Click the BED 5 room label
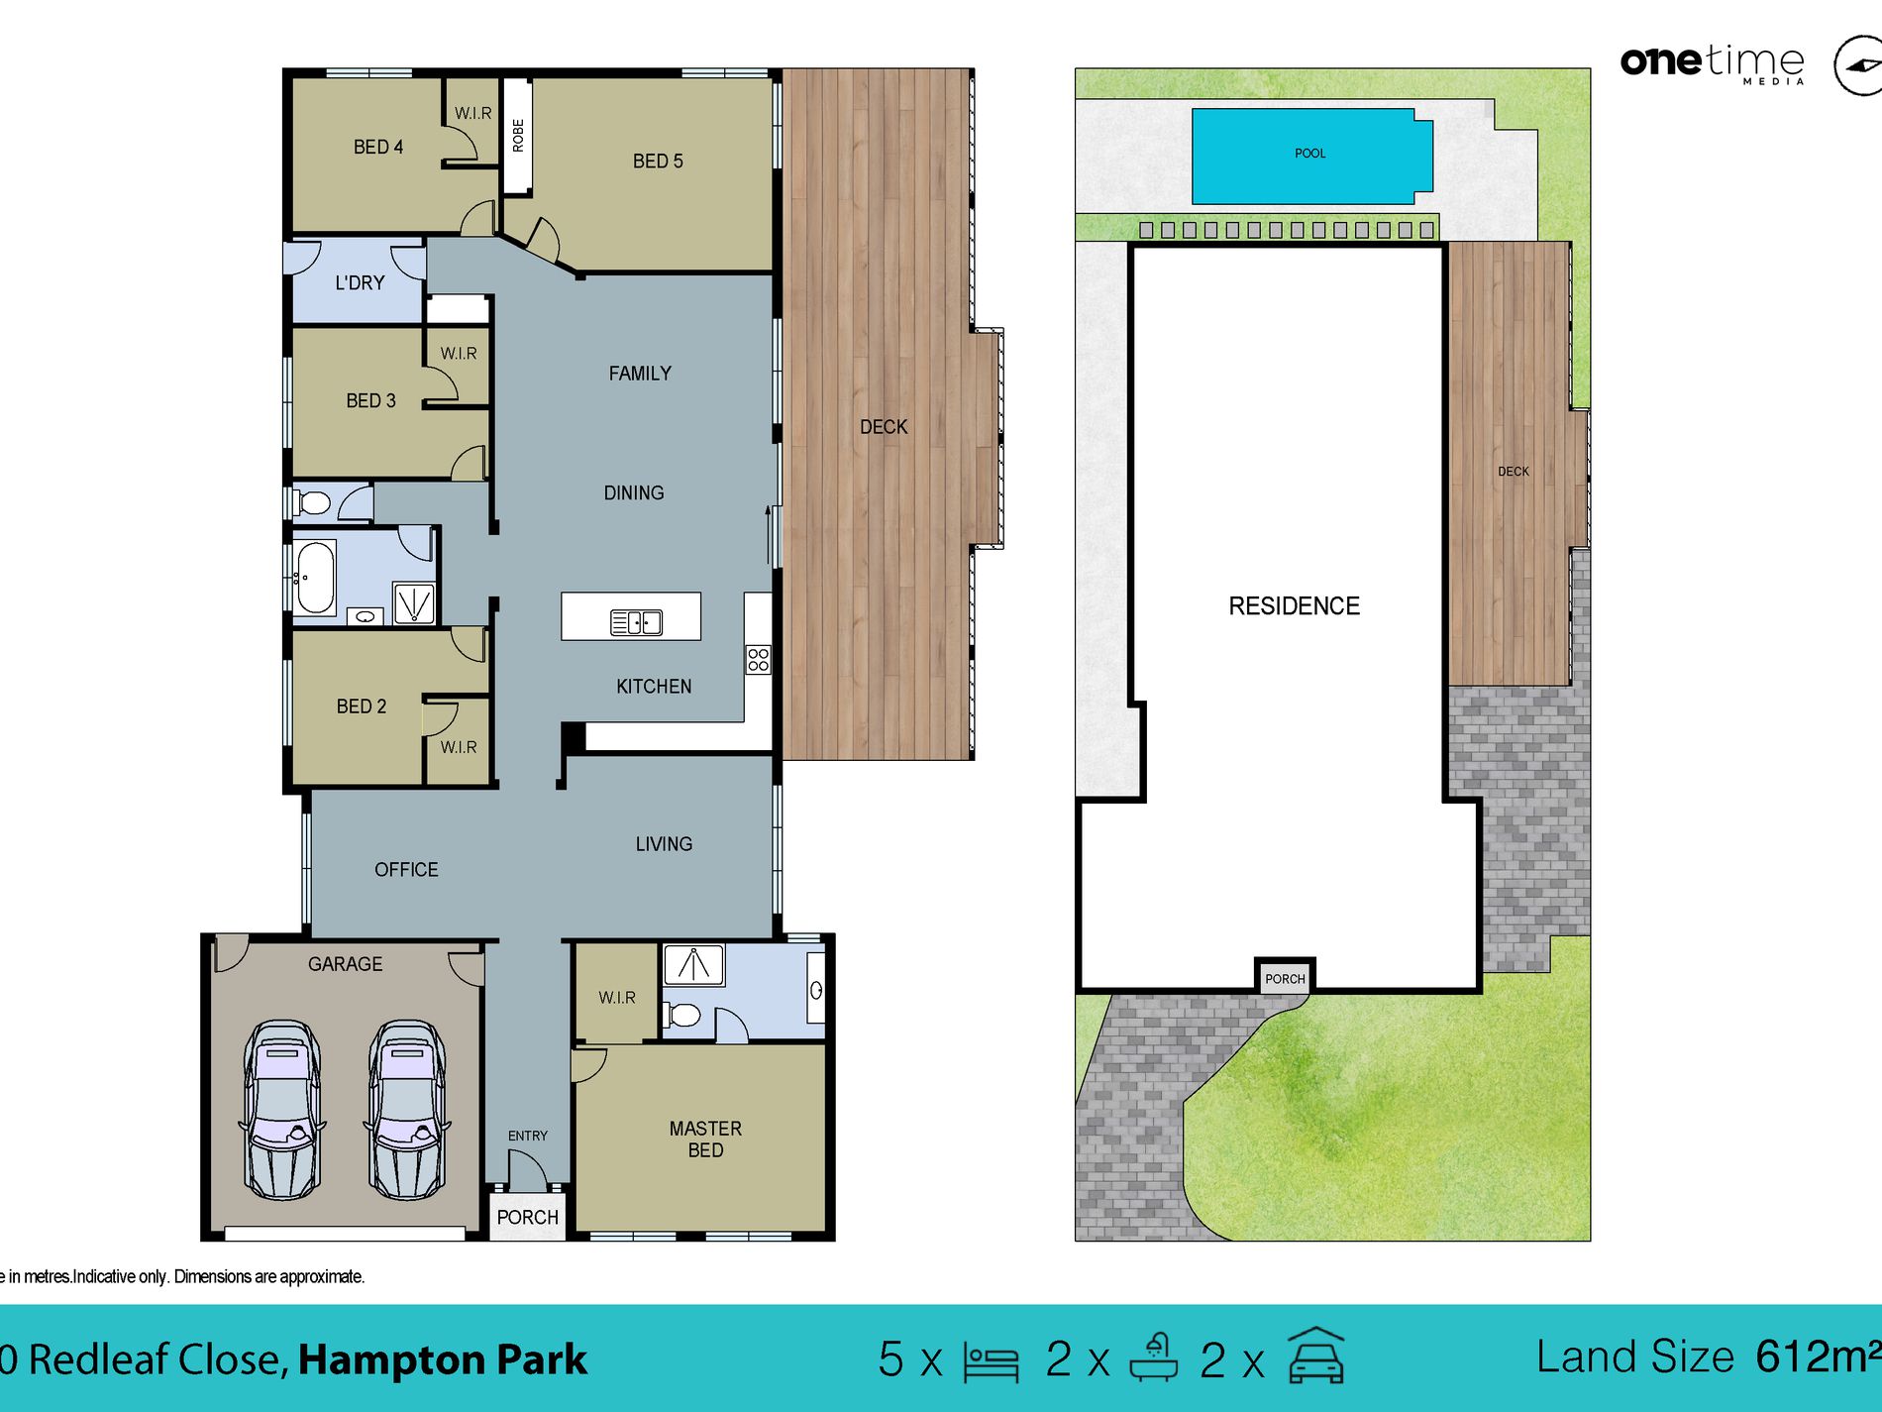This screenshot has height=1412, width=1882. tap(658, 161)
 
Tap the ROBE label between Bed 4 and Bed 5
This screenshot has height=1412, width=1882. tap(518, 135)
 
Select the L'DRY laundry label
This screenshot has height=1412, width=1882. tap(360, 283)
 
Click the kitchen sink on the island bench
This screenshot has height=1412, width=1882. tap(636, 622)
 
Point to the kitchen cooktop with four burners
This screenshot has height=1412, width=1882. tap(758, 659)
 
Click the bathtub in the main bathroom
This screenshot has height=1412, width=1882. tap(316, 577)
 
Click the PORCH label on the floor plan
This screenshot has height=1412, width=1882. tap(527, 1217)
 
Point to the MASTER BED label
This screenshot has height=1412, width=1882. tap(705, 1140)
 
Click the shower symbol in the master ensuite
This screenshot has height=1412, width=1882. tap(693, 964)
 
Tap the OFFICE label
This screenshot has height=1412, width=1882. tap(406, 870)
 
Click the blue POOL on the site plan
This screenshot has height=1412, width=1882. tap(1309, 155)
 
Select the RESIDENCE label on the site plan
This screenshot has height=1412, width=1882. tap(1294, 606)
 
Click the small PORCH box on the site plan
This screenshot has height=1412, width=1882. tap(1285, 978)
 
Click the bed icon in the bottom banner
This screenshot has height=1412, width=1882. tap(991, 1362)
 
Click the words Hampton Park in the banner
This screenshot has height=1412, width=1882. tap(443, 1359)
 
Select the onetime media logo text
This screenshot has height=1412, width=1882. tap(1712, 61)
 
